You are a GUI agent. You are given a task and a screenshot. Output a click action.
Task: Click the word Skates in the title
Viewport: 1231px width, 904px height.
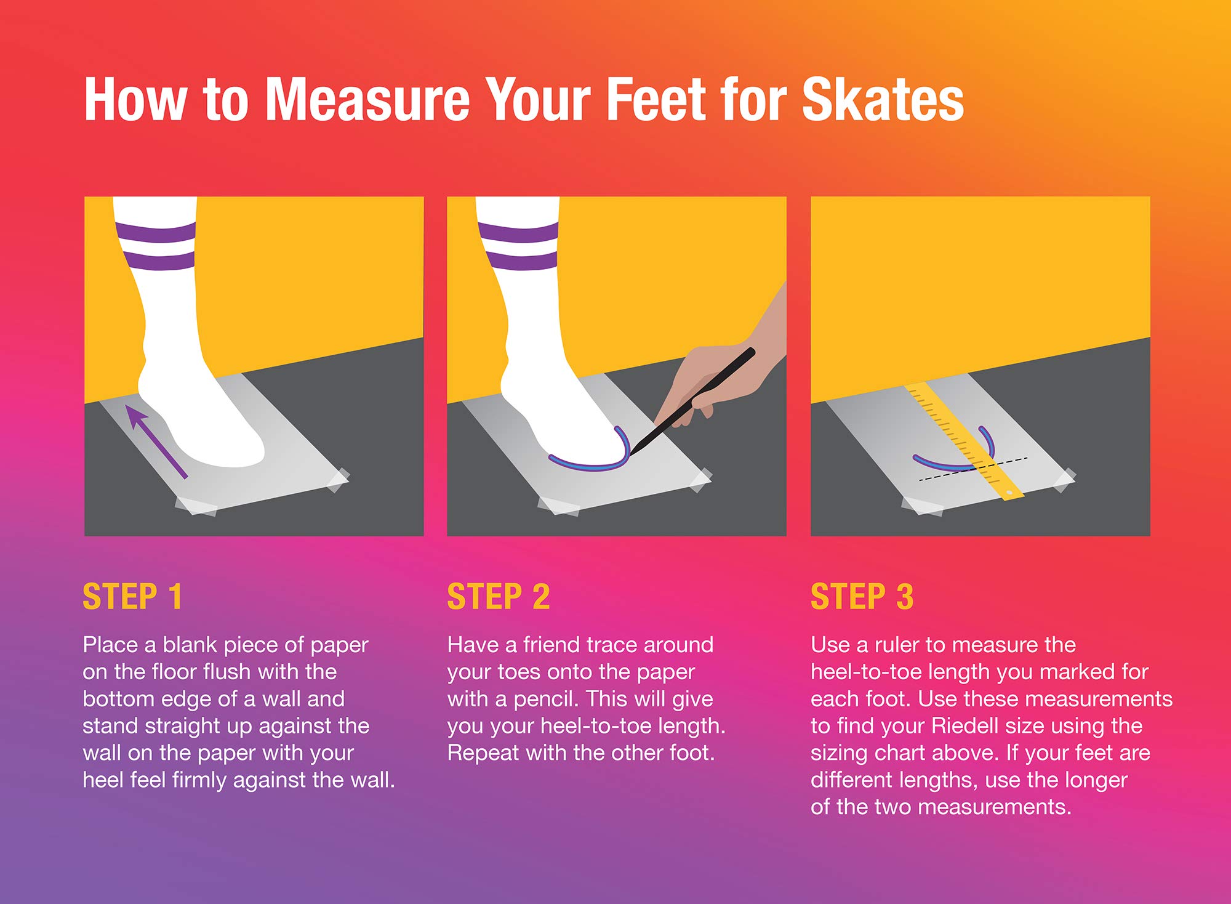coord(883,99)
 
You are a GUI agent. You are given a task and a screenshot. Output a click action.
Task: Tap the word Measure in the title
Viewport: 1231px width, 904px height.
coord(367,99)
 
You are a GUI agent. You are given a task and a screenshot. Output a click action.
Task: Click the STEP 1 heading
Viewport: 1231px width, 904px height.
coord(132,596)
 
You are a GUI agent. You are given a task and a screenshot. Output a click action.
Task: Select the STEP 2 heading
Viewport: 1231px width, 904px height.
coord(499,596)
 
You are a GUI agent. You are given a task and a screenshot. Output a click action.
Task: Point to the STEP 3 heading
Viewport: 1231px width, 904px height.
coord(862,596)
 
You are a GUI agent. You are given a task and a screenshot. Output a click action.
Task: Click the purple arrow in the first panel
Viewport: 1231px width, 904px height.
coord(156,440)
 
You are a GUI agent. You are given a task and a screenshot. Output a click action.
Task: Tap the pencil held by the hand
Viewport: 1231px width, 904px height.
coord(692,401)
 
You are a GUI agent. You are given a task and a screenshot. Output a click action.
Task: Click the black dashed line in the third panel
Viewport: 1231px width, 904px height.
coord(973,469)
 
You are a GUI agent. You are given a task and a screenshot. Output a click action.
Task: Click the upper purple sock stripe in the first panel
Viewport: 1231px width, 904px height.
coord(156,233)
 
